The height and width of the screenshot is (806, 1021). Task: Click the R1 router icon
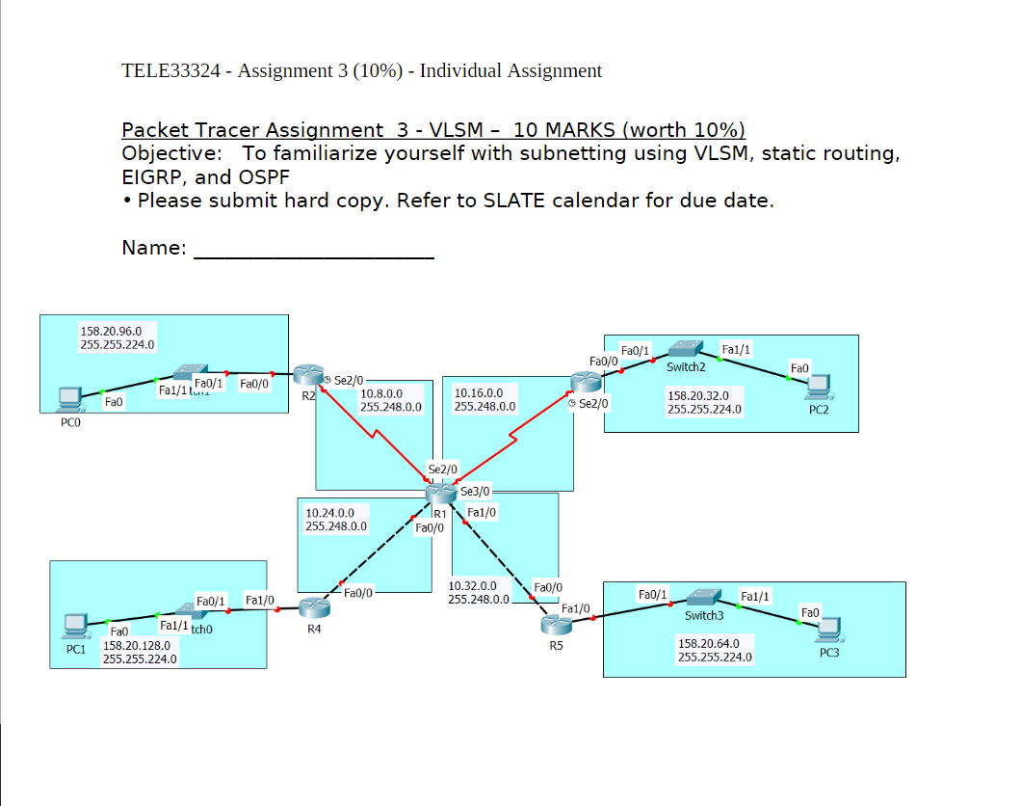[440, 493]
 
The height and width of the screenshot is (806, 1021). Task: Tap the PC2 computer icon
[818, 386]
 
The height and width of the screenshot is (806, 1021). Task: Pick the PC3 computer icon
[828, 630]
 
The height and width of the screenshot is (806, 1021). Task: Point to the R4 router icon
[313, 607]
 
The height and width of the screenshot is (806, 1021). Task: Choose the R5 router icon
[556, 624]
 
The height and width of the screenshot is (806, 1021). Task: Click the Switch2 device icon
[686, 349]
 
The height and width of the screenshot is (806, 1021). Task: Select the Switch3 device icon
[704, 597]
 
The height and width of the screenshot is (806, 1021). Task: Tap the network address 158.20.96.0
[111, 331]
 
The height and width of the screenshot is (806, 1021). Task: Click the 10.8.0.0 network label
[381, 393]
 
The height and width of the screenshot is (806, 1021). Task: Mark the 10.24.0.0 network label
[329, 513]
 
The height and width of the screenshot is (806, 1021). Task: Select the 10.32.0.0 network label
[473, 585]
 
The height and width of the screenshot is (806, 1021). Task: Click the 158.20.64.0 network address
[709, 643]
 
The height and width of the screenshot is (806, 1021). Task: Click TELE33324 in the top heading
[172, 70]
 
